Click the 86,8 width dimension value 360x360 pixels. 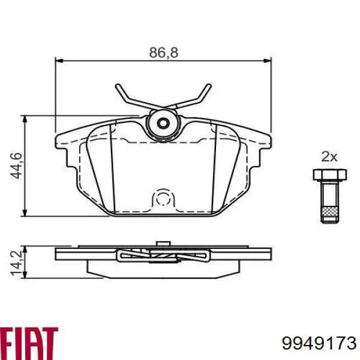tap(163, 53)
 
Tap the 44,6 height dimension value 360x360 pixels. tap(17, 166)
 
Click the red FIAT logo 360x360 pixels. tap(29, 340)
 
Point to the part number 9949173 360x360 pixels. tap(319, 343)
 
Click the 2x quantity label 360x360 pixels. tap(329, 157)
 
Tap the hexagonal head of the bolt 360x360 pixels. tap(329, 175)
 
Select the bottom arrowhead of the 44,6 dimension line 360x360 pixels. tap(25, 212)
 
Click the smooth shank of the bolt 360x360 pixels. tap(329, 192)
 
